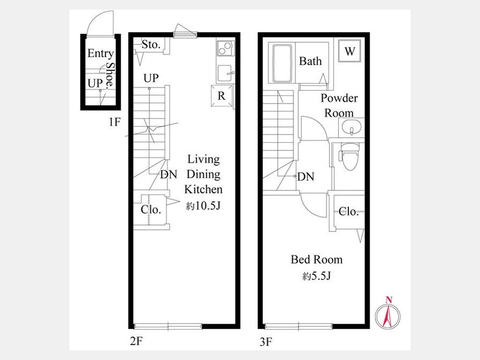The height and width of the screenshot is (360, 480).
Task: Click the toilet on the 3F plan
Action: [x=349, y=156]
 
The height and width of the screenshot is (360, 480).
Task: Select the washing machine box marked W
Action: [x=349, y=51]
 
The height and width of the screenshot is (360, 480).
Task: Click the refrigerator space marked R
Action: [x=221, y=96]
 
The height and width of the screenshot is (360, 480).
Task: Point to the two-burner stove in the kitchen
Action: [x=225, y=49]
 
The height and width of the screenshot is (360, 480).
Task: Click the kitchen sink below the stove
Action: [x=226, y=74]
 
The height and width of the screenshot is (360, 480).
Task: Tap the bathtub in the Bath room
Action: [x=282, y=63]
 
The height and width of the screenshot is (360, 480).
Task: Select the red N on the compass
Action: [x=389, y=300]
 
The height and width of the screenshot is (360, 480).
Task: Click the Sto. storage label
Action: [x=151, y=45]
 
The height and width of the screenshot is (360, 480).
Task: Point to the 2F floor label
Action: [x=136, y=341]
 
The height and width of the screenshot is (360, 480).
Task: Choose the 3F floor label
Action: [x=266, y=342]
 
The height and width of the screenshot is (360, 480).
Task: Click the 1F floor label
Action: [x=114, y=123]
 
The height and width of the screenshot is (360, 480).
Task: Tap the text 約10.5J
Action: [x=203, y=206]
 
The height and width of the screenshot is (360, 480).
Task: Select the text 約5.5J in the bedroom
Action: [x=316, y=276]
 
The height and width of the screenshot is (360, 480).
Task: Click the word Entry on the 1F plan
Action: [x=101, y=53]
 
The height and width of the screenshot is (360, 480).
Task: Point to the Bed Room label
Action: [x=316, y=260]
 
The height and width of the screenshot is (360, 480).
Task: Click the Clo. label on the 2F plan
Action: [x=150, y=210]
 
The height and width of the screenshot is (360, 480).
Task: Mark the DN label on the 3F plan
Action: [x=306, y=177]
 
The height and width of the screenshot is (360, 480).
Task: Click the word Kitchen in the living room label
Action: [x=203, y=189]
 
